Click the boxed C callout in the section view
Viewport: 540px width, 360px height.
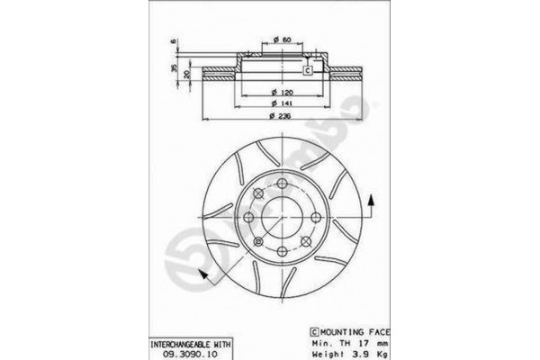coord(306,71)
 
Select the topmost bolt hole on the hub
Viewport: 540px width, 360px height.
coord(283,184)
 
